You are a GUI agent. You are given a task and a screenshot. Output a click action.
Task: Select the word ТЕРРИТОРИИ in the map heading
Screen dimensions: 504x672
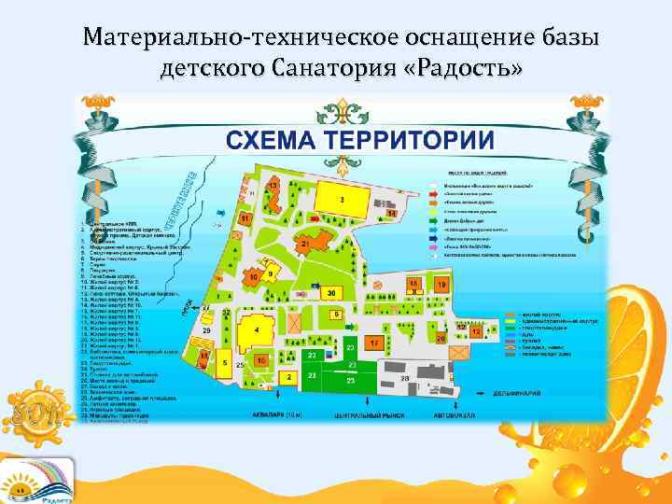point(407,141)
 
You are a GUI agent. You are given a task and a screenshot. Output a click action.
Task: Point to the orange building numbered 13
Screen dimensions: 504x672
point(273,188)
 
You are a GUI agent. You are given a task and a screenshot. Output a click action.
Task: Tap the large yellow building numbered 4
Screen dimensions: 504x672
point(256,330)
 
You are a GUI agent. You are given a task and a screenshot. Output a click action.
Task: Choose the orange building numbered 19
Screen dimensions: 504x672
point(441,285)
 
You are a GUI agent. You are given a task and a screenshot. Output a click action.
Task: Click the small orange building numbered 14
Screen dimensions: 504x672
point(392,214)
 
